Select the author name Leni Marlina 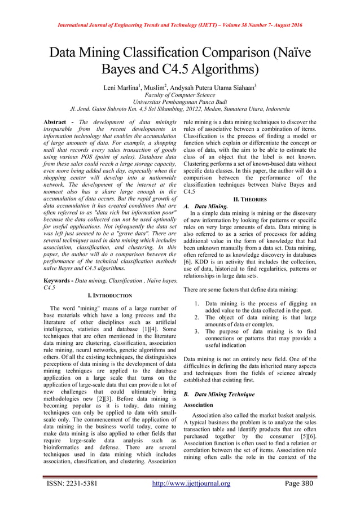[x=124, y=89]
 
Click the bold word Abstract [x=58, y=122]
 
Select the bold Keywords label [x=60, y=280]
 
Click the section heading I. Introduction [x=110, y=296]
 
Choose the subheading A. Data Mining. [x=207, y=207]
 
